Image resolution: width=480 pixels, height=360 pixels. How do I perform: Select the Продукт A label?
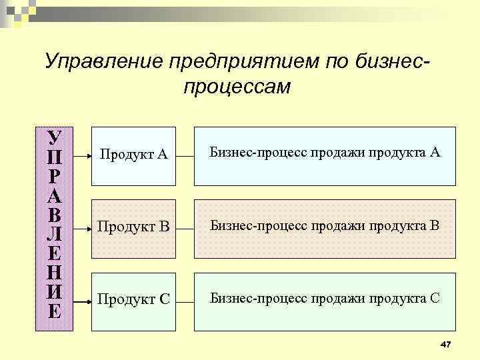pos(133,155)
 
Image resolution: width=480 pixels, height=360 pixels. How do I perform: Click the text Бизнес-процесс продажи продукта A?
pos(325,153)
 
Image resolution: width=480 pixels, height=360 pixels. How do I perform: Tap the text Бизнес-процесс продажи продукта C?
pos(325,297)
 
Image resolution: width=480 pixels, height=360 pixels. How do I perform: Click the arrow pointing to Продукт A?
pos(82,156)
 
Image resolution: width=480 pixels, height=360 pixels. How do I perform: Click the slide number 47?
pos(446,343)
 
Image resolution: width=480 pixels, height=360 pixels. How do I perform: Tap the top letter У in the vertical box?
pos(55,138)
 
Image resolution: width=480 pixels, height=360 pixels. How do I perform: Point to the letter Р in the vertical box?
pos(55,177)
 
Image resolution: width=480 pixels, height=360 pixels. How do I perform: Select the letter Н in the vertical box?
pos(55,272)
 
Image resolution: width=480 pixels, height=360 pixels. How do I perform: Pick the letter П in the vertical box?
pos(55,158)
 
